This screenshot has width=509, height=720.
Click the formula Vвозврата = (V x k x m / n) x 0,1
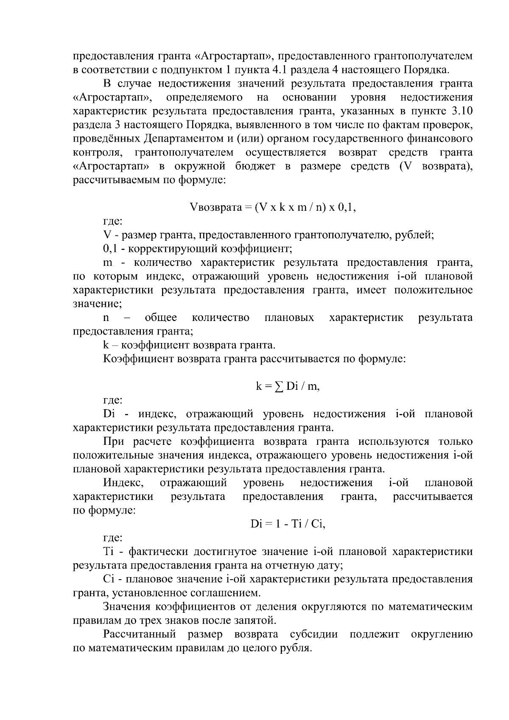[x=272, y=207]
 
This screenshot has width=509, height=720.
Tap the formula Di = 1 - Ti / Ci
[x=288, y=524]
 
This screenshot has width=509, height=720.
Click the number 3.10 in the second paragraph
[x=462, y=112]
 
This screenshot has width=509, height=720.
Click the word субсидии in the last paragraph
[x=314, y=634]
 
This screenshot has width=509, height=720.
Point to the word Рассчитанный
[x=140, y=634]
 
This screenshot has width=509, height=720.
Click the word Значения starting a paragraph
[x=126, y=607]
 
